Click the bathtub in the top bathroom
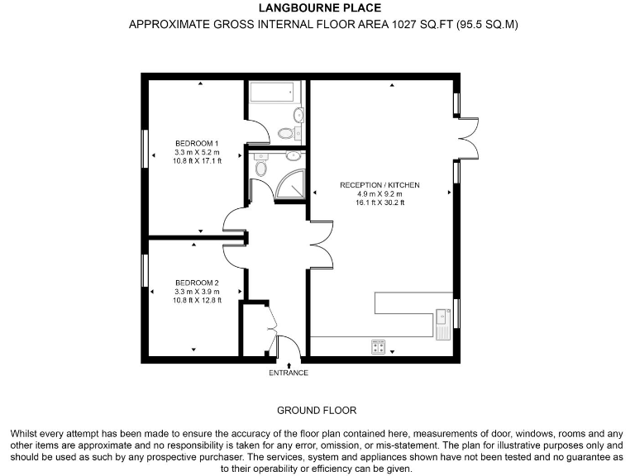pyautogui.click(x=271, y=92)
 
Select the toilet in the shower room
pyautogui.click(x=261, y=169)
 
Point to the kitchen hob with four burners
pyautogui.click(x=379, y=347)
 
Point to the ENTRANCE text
pyautogui.click(x=289, y=373)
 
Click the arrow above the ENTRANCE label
pyautogui.click(x=289, y=364)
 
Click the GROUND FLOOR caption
pyautogui.click(x=317, y=411)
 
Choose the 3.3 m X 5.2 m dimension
pyautogui.click(x=196, y=152)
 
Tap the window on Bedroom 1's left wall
pyautogui.click(x=145, y=149)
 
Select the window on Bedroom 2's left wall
pyautogui.click(x=145, y=271)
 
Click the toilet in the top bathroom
pyautogui.click(x=286, y=132)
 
